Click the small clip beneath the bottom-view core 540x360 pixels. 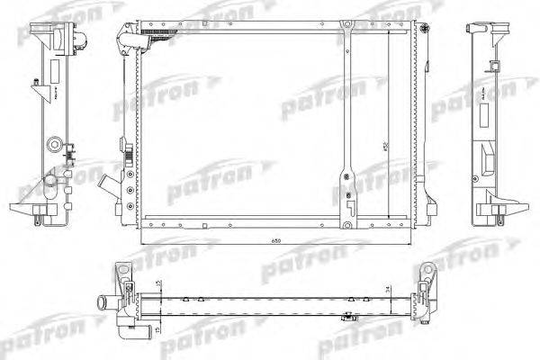coord(346,318)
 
